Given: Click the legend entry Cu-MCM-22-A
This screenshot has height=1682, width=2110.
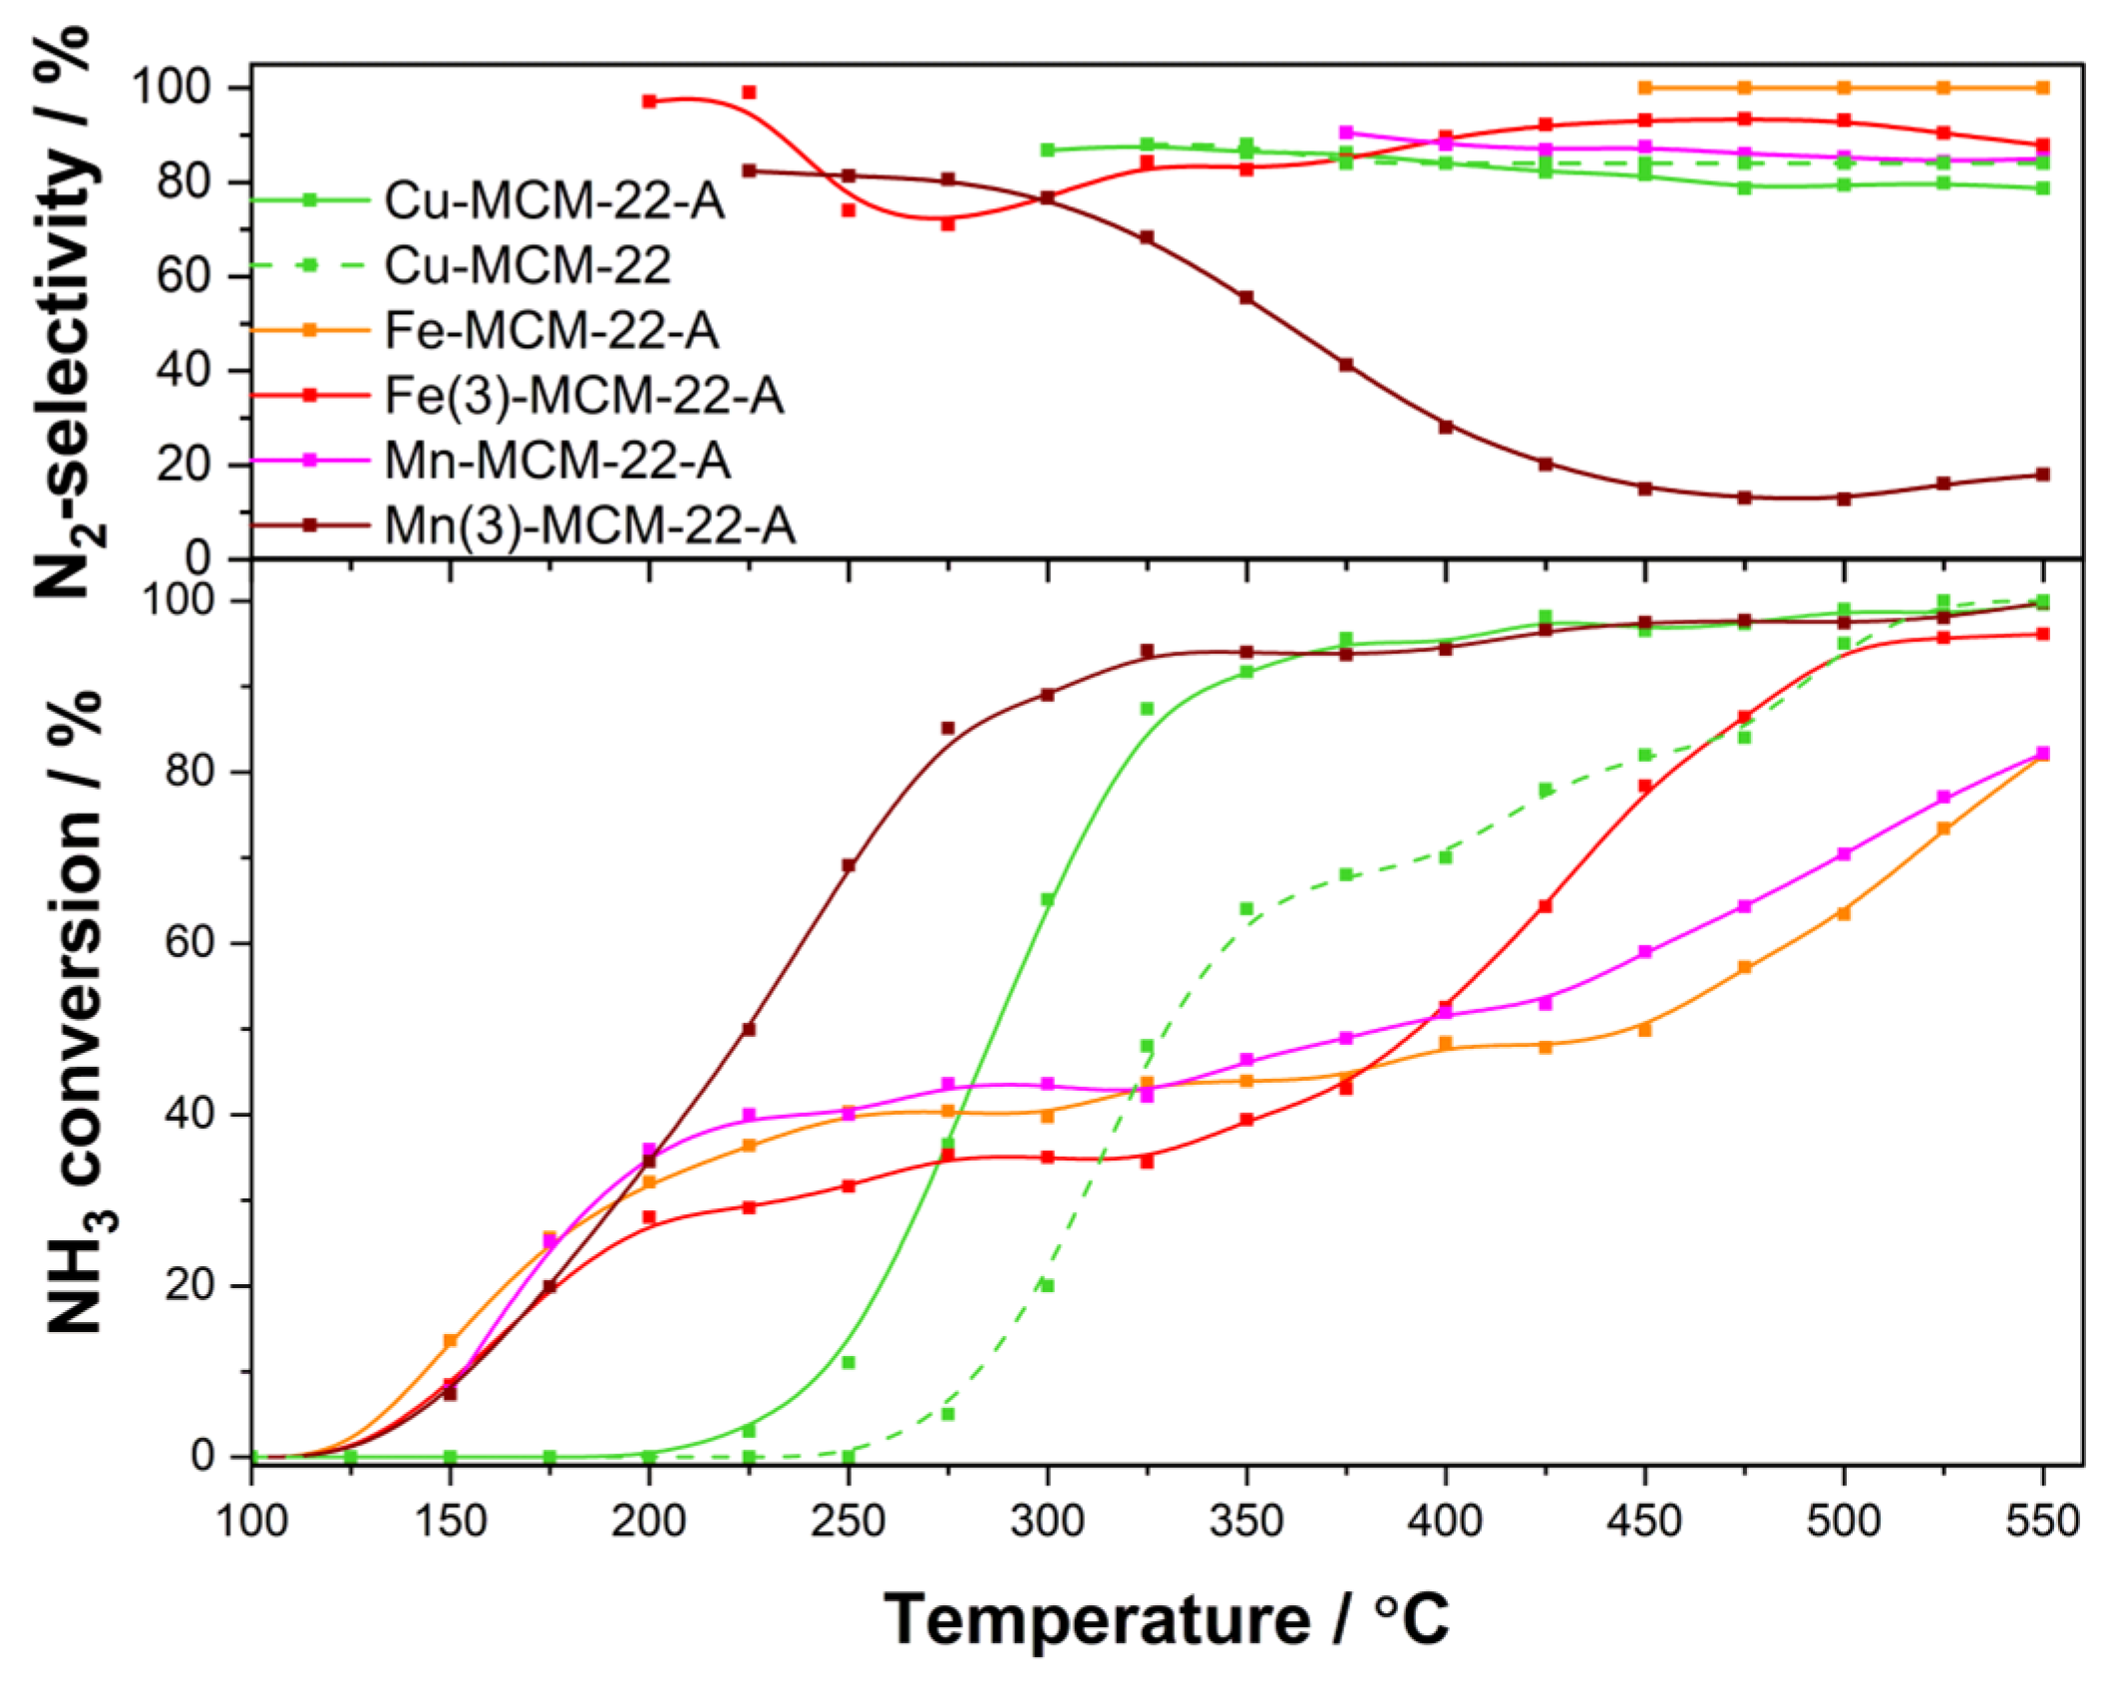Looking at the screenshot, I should coord(553,200).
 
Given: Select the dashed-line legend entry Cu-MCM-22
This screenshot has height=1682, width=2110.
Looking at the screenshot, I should coord(527,265).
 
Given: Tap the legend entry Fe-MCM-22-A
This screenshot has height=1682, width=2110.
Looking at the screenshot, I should coord(550,330).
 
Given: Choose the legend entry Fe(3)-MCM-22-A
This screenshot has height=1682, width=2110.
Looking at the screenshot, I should coord(583,396).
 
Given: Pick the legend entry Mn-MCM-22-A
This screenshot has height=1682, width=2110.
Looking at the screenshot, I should coord(556,461).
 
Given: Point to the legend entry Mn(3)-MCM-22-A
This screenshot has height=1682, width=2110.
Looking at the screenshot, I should coord(589,525).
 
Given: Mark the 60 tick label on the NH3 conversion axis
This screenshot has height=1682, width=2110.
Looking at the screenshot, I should coord(190,943).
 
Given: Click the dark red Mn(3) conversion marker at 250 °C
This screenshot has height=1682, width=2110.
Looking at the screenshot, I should coord(849,865).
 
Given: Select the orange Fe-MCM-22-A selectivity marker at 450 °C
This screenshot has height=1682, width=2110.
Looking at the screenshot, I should coord(1645,89).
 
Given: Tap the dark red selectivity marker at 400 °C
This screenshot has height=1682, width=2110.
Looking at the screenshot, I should coord(1446,427).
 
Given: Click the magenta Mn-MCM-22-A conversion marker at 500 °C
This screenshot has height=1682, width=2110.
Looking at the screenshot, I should coord(1844,854).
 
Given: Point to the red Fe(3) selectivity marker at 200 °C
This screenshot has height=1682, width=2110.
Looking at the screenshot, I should coord(650,101).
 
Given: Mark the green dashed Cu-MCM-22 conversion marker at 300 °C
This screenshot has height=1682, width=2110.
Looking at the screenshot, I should coord(1047,1286).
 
